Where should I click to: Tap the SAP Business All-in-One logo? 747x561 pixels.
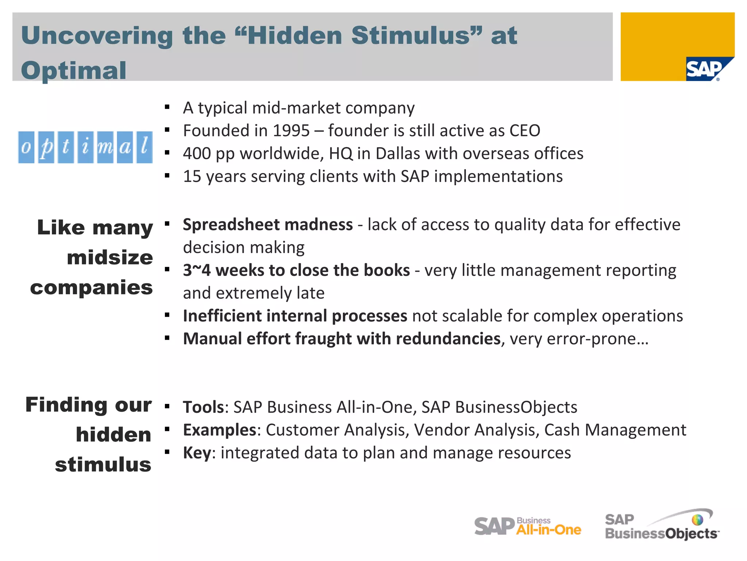[527, 526]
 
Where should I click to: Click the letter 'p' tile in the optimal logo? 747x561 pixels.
[46, 147]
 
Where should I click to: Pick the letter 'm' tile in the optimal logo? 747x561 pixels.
[105, 147]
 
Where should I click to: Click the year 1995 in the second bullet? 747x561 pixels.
[291, 131]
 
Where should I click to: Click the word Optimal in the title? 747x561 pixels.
[74, 70]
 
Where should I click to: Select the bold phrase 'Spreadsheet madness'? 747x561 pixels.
[268, 225]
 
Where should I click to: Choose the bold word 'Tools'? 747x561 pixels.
[203, 407]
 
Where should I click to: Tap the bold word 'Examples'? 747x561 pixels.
[220, 430]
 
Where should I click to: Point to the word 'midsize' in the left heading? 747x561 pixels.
[110, 257]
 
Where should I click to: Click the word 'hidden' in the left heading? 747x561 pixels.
[113, 435]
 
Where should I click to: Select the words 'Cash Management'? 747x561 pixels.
[615, 430]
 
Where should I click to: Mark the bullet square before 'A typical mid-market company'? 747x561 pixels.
[167, 107]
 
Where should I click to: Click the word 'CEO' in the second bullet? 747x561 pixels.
[525, 131]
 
